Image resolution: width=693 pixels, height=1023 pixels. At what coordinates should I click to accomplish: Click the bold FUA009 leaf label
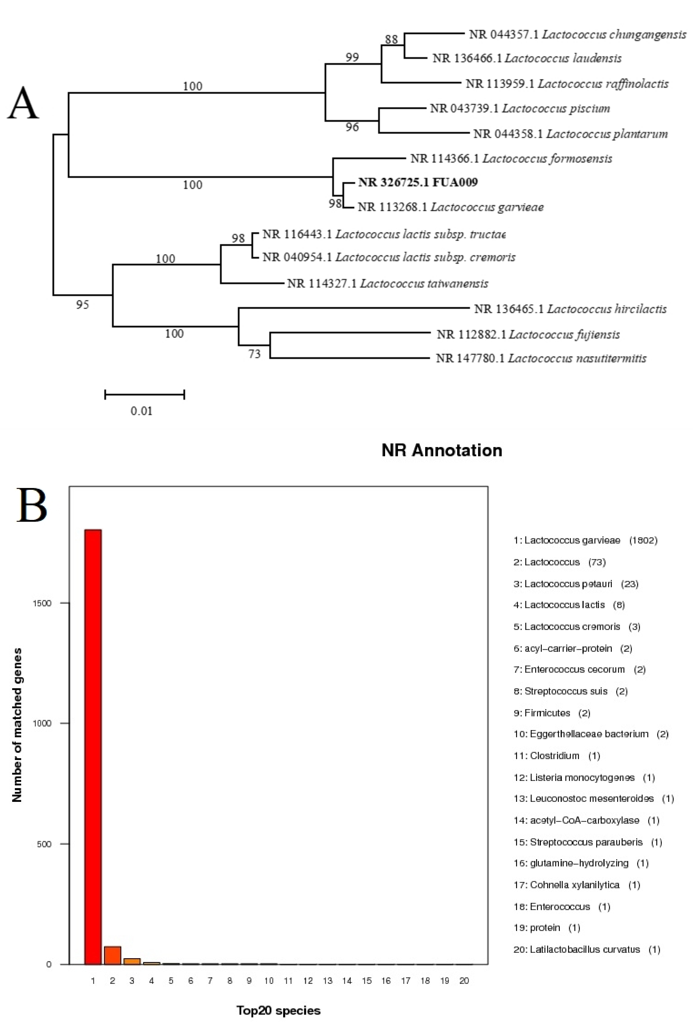(418, 182)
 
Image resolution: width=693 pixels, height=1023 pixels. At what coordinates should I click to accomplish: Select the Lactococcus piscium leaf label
(519, 108)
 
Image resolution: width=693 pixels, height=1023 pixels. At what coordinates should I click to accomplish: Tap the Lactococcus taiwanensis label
(387, 283)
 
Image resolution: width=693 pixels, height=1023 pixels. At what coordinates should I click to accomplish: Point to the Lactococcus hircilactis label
(570, 309)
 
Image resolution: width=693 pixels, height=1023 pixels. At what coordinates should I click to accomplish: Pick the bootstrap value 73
(255, 354)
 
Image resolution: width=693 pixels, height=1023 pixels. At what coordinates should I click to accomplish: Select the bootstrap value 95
(82, 305)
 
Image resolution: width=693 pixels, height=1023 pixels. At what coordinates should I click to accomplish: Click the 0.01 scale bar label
(141, 411)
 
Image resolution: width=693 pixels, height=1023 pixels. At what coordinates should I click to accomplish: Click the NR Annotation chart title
(442, 450)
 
